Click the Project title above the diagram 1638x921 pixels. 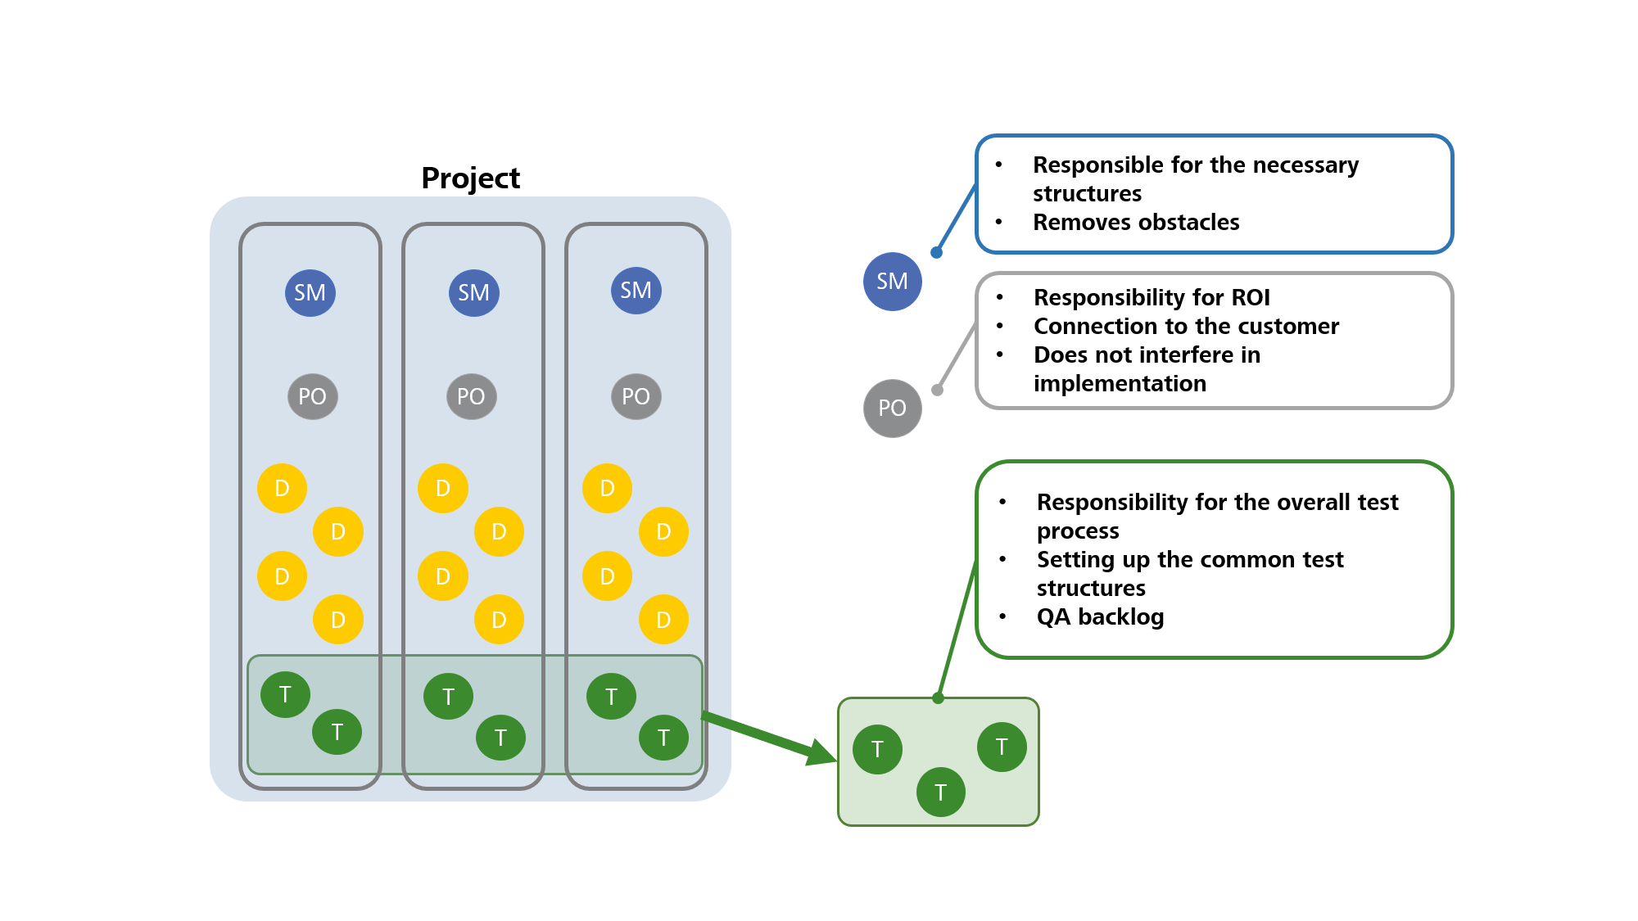point(470,178)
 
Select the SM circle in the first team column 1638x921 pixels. point(310,292)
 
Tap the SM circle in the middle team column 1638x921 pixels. point(473,292)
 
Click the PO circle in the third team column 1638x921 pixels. point(636,396)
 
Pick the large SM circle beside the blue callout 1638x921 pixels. point(892,282)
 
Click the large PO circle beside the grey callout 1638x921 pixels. point(892,408)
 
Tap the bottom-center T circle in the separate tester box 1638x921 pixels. point(940,792)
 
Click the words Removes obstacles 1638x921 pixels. point(1135,222)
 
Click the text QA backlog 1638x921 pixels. point(1099,616)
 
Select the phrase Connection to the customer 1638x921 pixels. point(1185,326)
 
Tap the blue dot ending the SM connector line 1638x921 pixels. point(937,252)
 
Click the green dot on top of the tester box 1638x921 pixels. point(939,698)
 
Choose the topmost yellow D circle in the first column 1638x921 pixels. point(282,489)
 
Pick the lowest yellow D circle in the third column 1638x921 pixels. point(663,620)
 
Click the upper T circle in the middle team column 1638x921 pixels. point(448,697)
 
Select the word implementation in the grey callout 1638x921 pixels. point(1119,383)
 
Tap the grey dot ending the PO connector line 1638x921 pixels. point(938,390)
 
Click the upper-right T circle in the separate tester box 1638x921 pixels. point(1001,747)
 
